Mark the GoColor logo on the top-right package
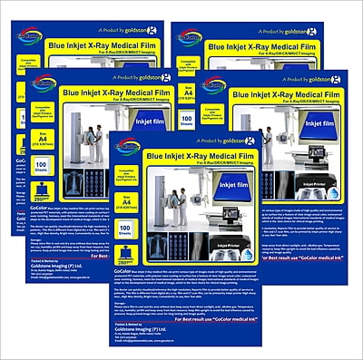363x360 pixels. (191, 36)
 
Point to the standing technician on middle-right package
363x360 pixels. (267, 144)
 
